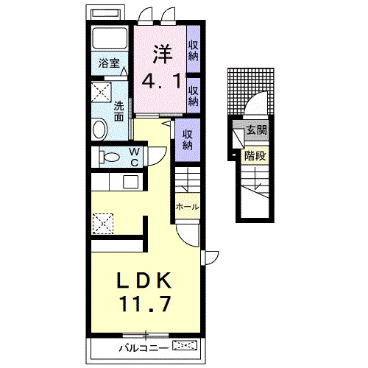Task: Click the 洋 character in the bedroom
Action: [x=163, y=54]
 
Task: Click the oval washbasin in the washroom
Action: [x=100, y=130]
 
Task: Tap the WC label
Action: [x=134, y=156]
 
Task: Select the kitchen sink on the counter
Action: [x=131, y=182]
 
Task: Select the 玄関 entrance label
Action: [x=257, y=132]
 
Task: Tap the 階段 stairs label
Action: [x=255, y=155]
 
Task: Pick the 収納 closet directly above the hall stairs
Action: [x=188, y=139]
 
